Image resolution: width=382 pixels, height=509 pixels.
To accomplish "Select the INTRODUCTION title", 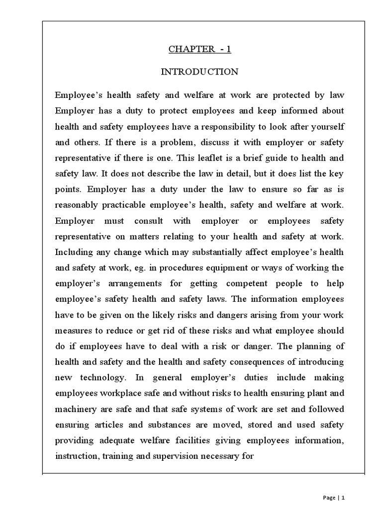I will (x=199, y=72).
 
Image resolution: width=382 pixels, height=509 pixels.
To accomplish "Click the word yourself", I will (x=325, y=126).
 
